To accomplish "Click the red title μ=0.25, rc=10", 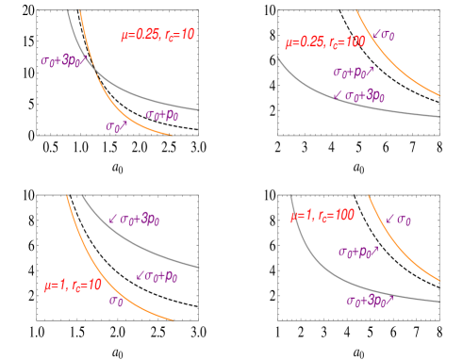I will tap(157, 35).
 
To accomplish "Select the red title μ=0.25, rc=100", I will tap(325, 42).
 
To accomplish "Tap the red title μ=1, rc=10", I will tap(73, 285).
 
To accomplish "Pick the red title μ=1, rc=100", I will tap(322, 216).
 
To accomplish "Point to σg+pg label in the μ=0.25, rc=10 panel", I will tap(161, 115).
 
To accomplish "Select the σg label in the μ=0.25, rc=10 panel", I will tap(117, 125).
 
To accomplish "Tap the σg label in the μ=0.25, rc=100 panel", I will tap(384, 35).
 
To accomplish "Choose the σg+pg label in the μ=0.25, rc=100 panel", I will tap(353, 72).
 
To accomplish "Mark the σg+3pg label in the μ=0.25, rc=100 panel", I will tap(359, 95).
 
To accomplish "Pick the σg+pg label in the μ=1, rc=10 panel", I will tap(157, 275).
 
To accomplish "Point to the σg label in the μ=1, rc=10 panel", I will tap(117, 301).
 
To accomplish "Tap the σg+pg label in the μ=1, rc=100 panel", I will tap(358, 252).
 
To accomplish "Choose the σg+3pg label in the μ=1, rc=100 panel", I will tap(370, 301).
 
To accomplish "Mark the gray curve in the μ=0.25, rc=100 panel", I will tap(377, 107).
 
